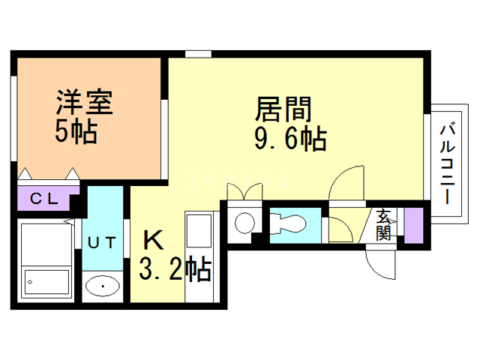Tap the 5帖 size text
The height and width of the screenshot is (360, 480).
click(75, 132)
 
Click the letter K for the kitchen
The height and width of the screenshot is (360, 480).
click(152, 241)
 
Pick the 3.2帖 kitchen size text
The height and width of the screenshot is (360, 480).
click(174, 268)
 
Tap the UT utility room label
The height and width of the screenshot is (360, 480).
click(101, 242)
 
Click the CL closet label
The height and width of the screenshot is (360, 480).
click(43, 199)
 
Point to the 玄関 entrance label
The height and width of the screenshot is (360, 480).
click(384, 224)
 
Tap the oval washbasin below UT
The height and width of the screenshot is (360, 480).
click(102, 286)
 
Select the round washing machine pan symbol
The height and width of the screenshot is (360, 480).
click(244, 223)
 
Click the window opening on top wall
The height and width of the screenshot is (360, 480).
click(197, 53)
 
